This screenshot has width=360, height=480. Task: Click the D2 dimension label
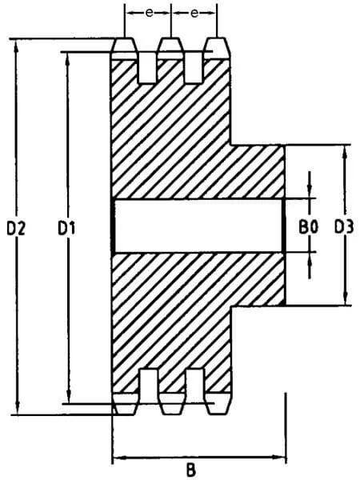pos(16,228)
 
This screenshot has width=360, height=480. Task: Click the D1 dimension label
pos(66,228)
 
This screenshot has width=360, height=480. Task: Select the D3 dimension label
pos(344,227)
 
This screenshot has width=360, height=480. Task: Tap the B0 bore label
pos(308,227)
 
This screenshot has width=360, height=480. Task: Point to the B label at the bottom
pos(191,470)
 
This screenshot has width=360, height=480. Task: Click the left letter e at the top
pos(149,13)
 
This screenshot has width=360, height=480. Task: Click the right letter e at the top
pos(194,13)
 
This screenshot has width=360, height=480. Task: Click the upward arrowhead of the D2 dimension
pos(17,45)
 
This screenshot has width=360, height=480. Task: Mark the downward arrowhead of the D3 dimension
pos(346,299)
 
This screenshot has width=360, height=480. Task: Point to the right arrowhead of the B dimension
pos(279,458)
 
